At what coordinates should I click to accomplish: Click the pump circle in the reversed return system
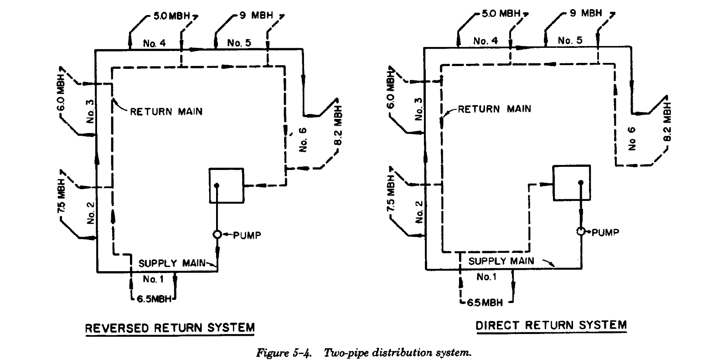(217, 234)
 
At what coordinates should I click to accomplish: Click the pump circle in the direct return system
(581, 231)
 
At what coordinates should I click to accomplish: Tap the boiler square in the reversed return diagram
(226, 185)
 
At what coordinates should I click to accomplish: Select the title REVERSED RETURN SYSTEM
(170, 328)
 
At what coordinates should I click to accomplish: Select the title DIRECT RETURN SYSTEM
(551, 325)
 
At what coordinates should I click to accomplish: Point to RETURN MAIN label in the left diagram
(166, 111)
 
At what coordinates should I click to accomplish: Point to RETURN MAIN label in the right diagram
(495, 109)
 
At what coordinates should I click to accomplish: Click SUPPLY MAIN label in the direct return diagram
(501, 261)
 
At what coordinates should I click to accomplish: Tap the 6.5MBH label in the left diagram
(154, 299)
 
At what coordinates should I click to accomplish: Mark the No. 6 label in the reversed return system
(304, 139)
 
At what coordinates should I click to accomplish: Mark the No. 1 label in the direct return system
(486, 277)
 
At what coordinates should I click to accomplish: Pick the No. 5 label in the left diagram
(239, 43)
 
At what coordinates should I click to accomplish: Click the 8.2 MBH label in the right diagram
(667, 125)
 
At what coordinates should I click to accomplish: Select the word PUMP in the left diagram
(247, 235)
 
